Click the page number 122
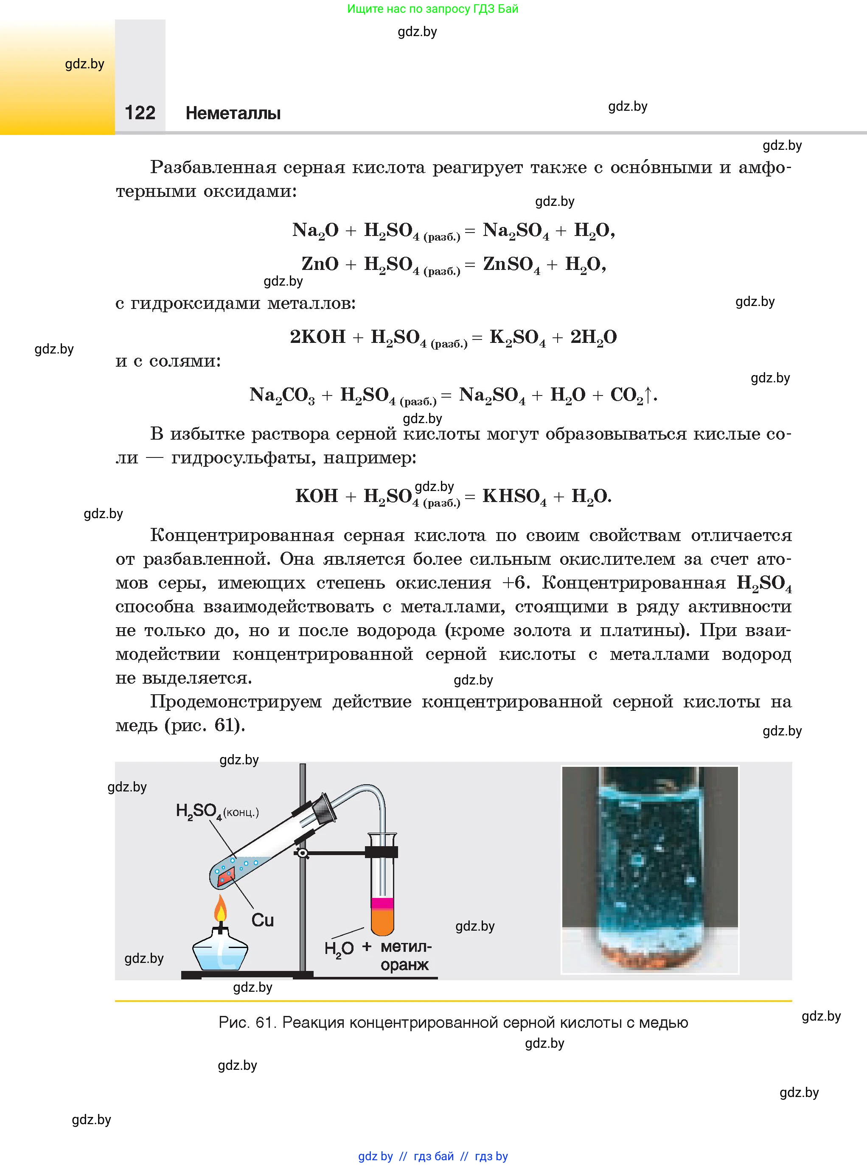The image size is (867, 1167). tap(140, 113)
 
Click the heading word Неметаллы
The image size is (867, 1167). tap(233, 113)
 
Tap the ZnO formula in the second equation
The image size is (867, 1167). tap(320, 264)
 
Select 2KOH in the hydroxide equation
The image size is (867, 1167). tap(317, 337)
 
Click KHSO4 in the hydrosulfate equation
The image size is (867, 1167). tap(514, 497)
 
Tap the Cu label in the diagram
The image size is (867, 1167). tap(262, 920)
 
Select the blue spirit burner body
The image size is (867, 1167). tap(220, 952)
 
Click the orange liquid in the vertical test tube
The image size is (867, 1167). tap(382, 920)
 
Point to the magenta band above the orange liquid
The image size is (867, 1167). tap(382, 903)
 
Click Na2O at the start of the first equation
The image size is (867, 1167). tap(315, 230)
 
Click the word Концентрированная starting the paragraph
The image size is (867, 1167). tap(242, 535)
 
